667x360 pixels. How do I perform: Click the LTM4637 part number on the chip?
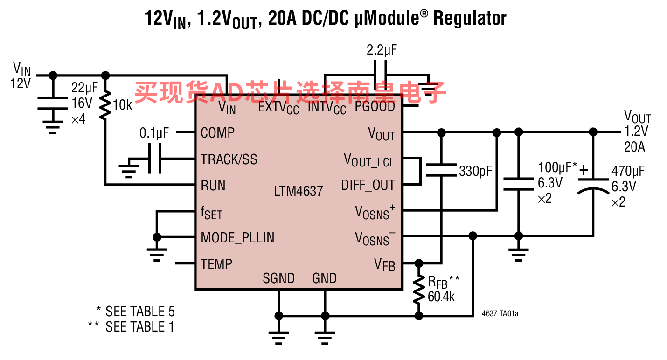click(299, 191)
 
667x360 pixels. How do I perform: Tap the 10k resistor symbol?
click(105, 105)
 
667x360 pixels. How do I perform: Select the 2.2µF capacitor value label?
click(382, 50)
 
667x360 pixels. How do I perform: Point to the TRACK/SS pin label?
click(229, 159)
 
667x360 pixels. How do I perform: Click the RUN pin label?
click(213, 186)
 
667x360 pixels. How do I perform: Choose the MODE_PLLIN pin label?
click(237, 238)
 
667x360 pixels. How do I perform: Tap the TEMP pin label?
click(216, 264)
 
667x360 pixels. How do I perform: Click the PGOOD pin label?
click(375, 107)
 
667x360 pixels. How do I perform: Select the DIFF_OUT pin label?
click(368, 185)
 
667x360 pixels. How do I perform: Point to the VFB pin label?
click(385, 265)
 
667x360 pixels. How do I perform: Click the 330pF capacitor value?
click(476, 171)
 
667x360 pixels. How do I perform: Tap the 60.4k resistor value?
click(441, 297)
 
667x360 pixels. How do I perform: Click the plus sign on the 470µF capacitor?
click(584, 170)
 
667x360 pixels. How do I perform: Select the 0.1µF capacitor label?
click(154, 133)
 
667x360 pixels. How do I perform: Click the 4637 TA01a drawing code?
click(500, 313)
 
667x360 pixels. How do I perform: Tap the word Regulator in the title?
click(470, 19)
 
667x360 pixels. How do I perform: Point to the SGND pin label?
click(278, 278)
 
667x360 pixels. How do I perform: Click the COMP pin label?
click(218, 133)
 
